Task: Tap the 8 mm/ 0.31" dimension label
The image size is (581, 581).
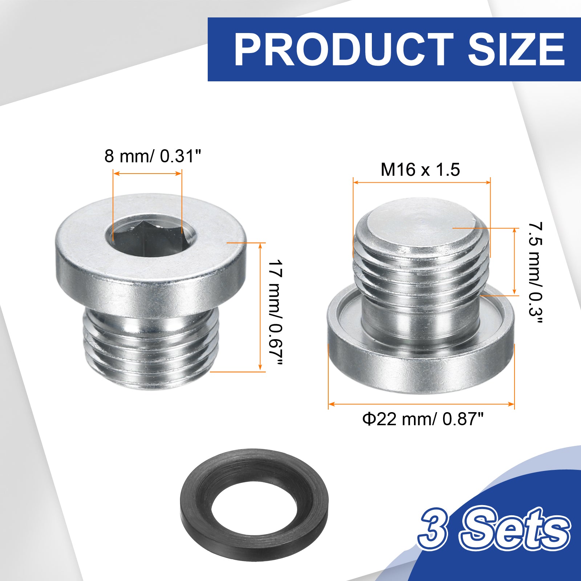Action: tap(153, 156)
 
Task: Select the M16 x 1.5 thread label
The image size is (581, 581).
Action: tap(420, 170)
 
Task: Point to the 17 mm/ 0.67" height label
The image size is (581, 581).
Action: tap(275, 313)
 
